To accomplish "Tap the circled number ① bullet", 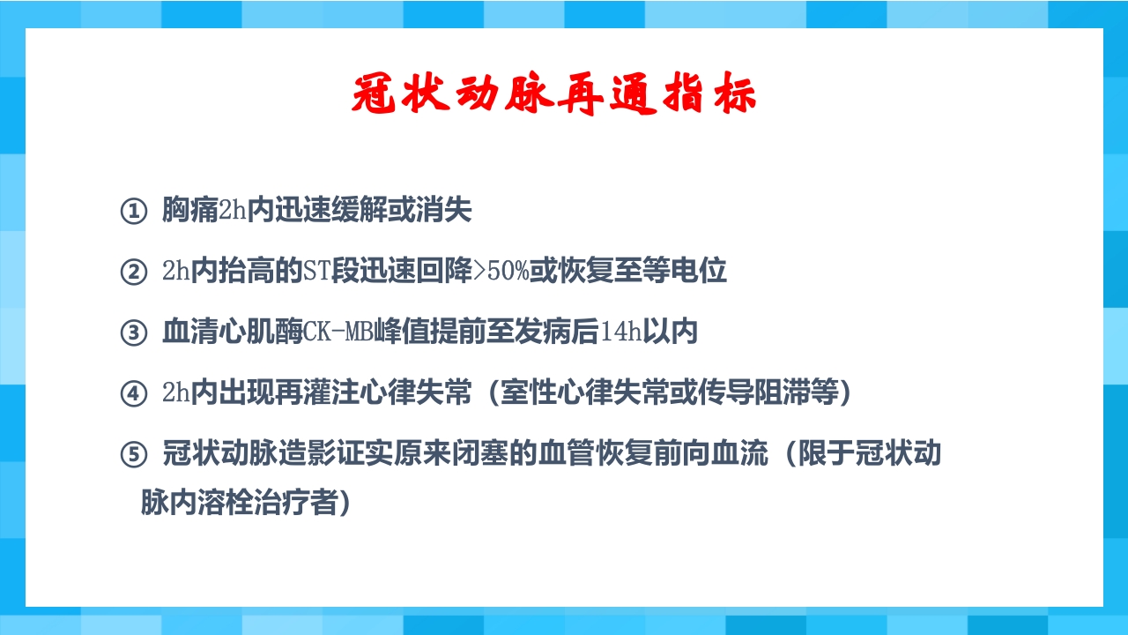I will click(132, 212).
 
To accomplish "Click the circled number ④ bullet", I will click(132, 394).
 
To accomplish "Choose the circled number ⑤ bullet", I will click(132, 455).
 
